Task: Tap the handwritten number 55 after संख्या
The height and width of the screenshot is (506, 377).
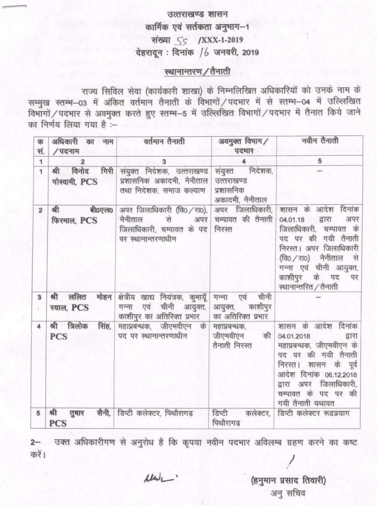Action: [x=181, y=41]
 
